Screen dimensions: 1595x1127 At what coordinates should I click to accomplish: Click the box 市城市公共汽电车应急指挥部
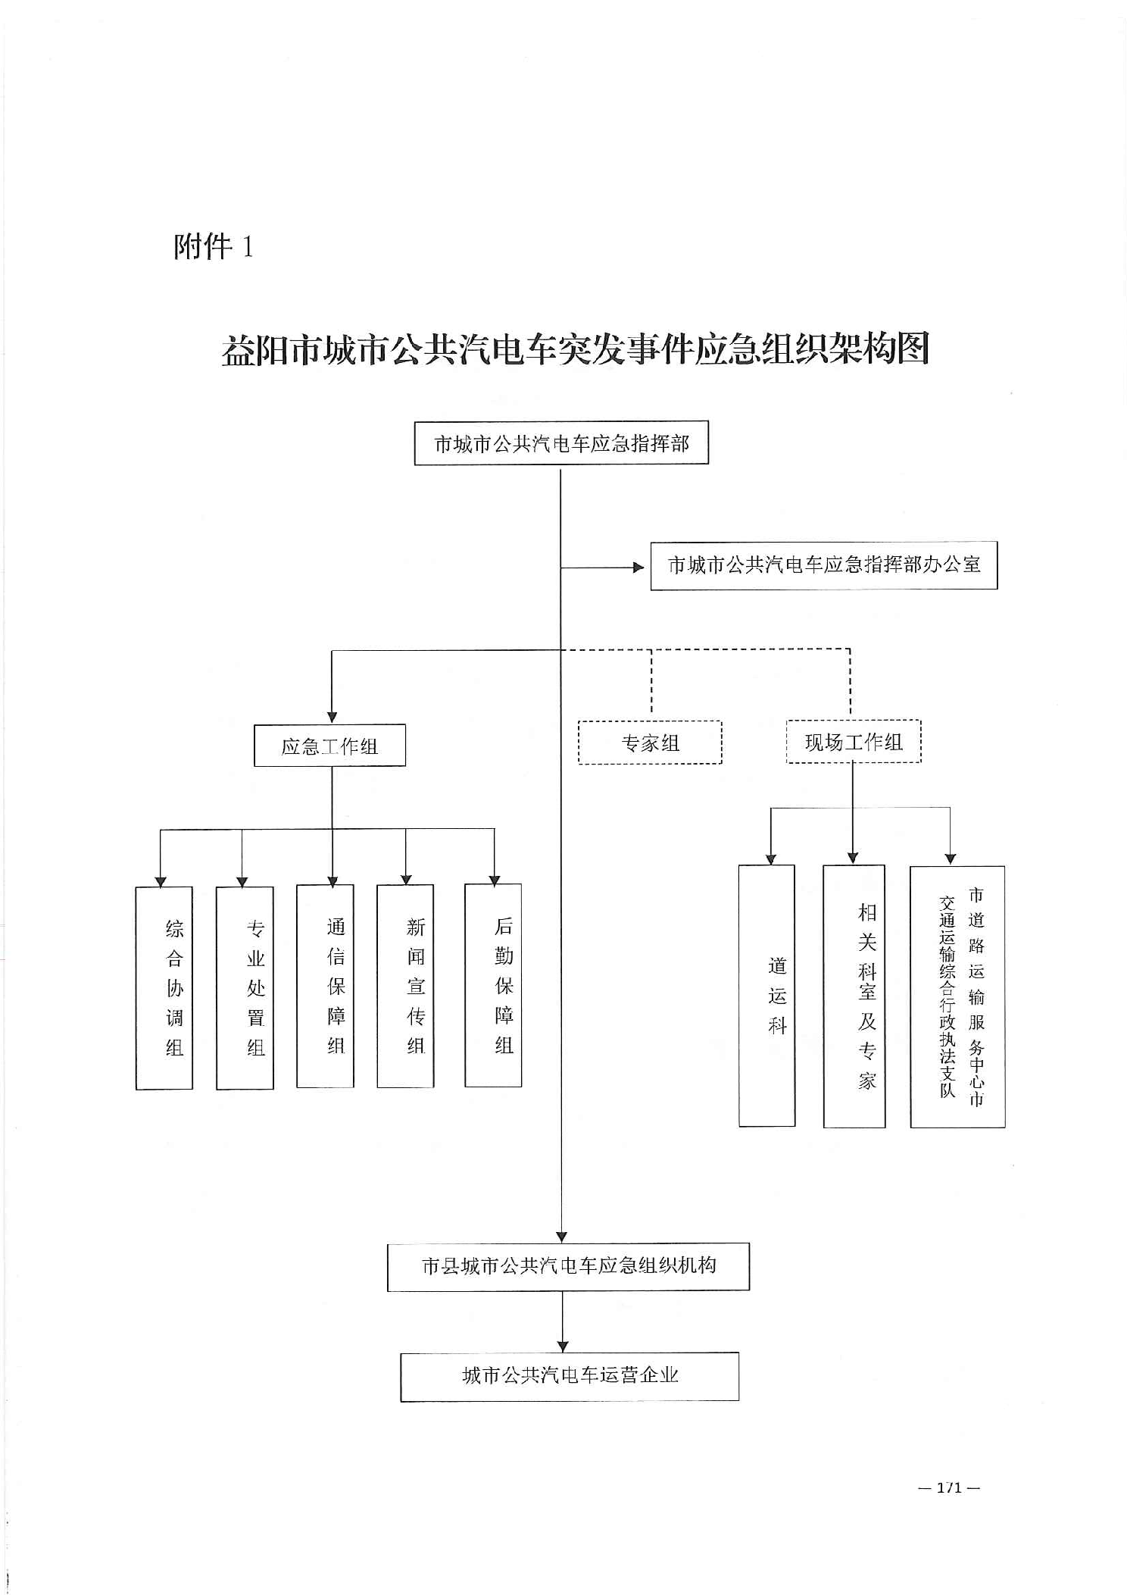pos(561,443)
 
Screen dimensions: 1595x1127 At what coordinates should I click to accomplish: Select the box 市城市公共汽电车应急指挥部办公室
pos(823,565)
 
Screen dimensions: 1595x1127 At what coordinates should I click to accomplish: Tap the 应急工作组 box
pos(329,746)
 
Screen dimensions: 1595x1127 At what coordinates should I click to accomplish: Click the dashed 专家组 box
pos(650,743)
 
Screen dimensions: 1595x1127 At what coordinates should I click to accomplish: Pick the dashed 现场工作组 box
pos(854,742)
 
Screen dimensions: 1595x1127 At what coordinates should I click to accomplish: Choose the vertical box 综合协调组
pos(164,987)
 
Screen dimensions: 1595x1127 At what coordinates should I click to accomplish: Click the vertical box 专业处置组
pos(245,987)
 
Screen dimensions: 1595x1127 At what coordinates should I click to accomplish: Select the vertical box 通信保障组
pos(325,986)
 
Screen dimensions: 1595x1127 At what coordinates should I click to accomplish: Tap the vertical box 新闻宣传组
pos(405,986)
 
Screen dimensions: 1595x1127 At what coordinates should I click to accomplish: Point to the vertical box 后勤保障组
pos(493,985)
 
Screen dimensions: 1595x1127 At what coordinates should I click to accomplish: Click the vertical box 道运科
pos(766,996)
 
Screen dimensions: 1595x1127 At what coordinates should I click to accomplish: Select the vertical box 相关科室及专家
pos(854,996)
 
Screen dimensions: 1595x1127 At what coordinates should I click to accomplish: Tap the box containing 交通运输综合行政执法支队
pos(957,996)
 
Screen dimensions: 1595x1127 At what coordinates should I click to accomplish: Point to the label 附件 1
pos(214,247)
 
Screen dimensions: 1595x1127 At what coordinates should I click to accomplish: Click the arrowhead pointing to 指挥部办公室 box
pos(638,567)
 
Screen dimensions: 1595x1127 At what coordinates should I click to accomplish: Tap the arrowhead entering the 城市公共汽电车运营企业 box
pos(563,1346)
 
